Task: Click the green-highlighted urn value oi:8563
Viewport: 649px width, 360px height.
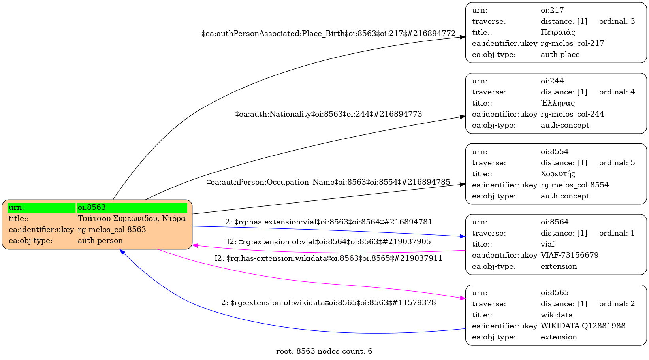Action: coord(92,207)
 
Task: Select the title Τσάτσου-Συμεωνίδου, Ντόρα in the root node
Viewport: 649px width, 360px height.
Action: coord(132,219)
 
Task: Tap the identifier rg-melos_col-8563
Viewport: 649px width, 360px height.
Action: coord(112,230)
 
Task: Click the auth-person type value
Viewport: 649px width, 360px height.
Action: coord(100,241)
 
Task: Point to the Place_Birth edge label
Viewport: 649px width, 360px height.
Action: coord(329,34)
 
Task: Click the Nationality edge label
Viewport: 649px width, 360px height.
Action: coord(329,114)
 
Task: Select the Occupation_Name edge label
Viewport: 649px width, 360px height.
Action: coord(329,182)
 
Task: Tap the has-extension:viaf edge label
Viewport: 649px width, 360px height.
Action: coord(329,222)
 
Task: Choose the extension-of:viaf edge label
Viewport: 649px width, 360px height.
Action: coord(329,241)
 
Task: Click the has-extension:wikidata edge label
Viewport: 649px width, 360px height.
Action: coord(329,258)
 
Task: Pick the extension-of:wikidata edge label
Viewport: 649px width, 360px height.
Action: coord(329,303)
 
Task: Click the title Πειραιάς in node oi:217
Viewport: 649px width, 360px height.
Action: coord(558,32)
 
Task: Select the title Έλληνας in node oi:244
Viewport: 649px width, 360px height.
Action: coord(558,103)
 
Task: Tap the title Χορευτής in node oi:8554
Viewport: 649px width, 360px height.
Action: coord(558,174)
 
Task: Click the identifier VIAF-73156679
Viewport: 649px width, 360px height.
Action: coord(570,255)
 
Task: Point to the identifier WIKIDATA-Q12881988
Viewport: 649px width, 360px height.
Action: coord(583,326)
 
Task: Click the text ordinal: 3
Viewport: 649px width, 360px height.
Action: coord(617,21)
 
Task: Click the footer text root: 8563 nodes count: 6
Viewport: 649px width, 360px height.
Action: coord(324,351)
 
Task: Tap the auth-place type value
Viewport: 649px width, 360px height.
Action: coord(560,55)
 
